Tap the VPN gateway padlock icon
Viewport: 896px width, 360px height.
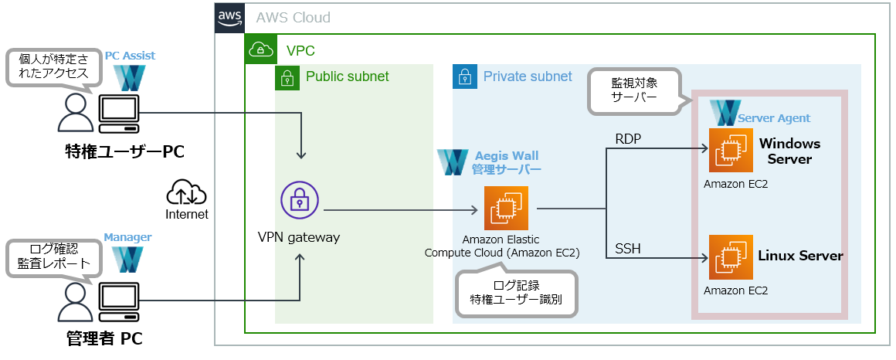300,202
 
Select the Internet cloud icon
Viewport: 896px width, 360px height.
187,192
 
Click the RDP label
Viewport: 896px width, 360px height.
627,138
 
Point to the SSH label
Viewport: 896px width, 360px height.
627,249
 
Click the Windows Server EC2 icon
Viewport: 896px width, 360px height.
731,151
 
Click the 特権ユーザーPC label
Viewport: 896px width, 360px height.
124,151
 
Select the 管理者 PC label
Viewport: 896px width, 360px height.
104,338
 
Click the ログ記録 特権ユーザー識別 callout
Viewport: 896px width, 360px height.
516,292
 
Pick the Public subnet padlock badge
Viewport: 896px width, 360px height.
287,77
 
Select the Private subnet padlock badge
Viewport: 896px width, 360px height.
464,77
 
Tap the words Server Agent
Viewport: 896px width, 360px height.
774,118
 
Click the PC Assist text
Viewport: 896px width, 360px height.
130,56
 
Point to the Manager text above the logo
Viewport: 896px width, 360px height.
127,237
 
